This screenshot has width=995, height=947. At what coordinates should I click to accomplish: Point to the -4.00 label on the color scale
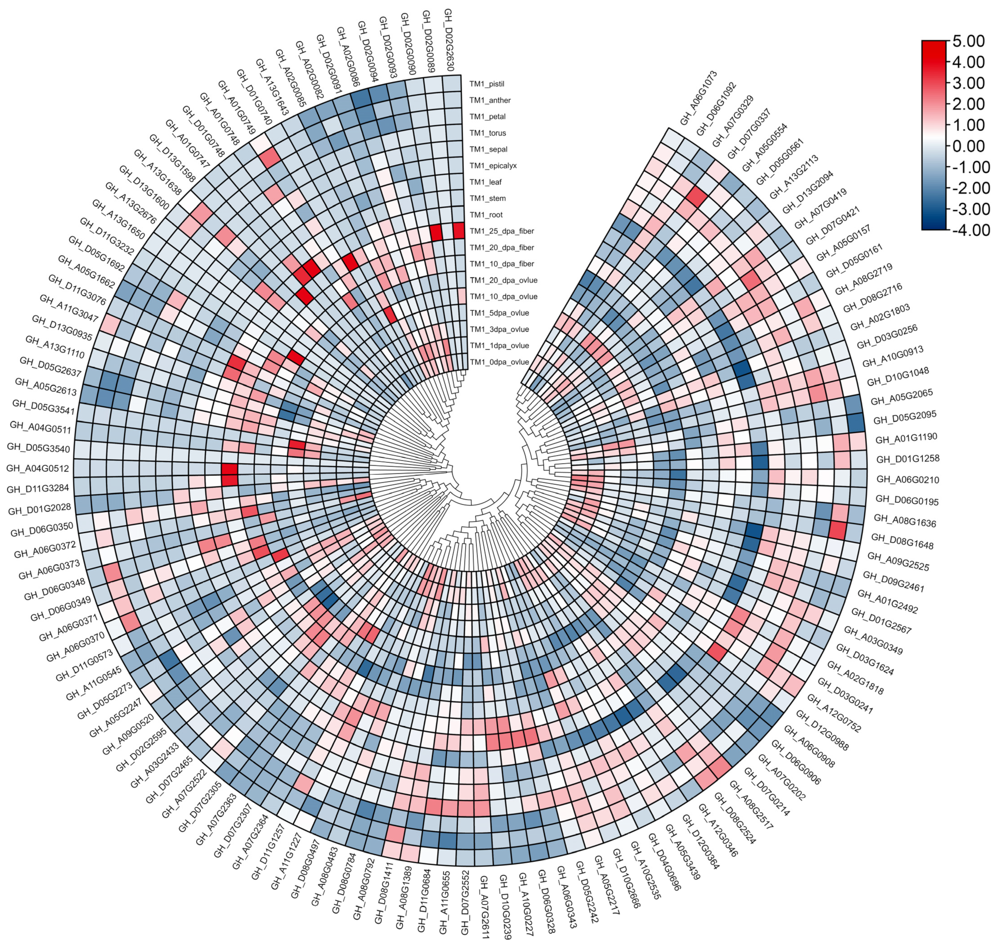[x=968, y=230]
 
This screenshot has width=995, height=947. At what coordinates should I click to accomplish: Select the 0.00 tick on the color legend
[x=968, y=146]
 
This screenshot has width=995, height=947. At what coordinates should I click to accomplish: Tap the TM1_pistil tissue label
[x=487, y=84]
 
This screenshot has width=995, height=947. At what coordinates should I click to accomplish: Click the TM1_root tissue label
[x=486, y=215]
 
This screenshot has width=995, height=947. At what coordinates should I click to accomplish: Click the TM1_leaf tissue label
[x=485, y=182]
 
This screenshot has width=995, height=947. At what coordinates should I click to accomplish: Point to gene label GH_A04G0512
[x=37, y=468]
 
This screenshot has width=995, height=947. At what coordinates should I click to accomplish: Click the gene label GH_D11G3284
[x=38, y=489]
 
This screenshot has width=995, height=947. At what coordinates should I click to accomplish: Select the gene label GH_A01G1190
[x=906, y=439]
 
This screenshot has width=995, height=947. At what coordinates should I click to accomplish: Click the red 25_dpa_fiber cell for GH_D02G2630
[x=458, y=230]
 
